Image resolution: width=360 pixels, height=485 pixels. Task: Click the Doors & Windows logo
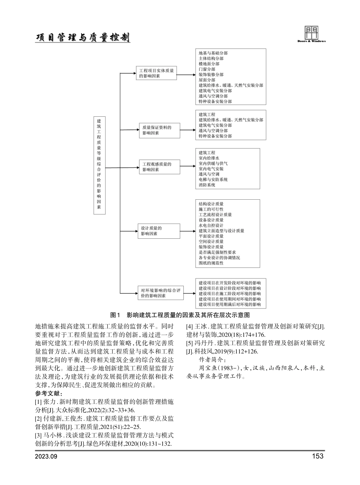pyautogui.click(x=311, y=34)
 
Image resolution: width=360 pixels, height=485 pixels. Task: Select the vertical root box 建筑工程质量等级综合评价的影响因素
pyautogui.click(x=99, y=165)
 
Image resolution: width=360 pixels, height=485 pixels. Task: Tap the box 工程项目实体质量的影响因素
pyautogui.click(x=156, y=73)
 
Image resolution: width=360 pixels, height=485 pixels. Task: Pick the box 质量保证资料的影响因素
pyautogui.click(x=159, y=130)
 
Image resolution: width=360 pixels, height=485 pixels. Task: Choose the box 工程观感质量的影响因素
pyautogui.click(x=159, y=167)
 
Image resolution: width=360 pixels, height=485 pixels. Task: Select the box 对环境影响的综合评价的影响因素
pyautogui.click(x=160, y=293)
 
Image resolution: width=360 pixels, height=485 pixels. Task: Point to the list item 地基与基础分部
pyautogui.click(x=213, y=54)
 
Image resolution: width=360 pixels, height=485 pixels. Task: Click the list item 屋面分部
pyautogui.click(x=207, y=80)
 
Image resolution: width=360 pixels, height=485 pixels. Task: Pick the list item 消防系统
pyautogui.click(x=207, y=185)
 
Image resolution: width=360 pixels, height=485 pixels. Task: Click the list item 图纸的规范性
pyautogui.click(x=211, y=263)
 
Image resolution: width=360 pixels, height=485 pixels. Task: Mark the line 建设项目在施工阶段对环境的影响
pyautogui.click(x=230, y=294)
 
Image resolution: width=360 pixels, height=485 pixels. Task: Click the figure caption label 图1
pyautogui.click(x=115, y=315)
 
